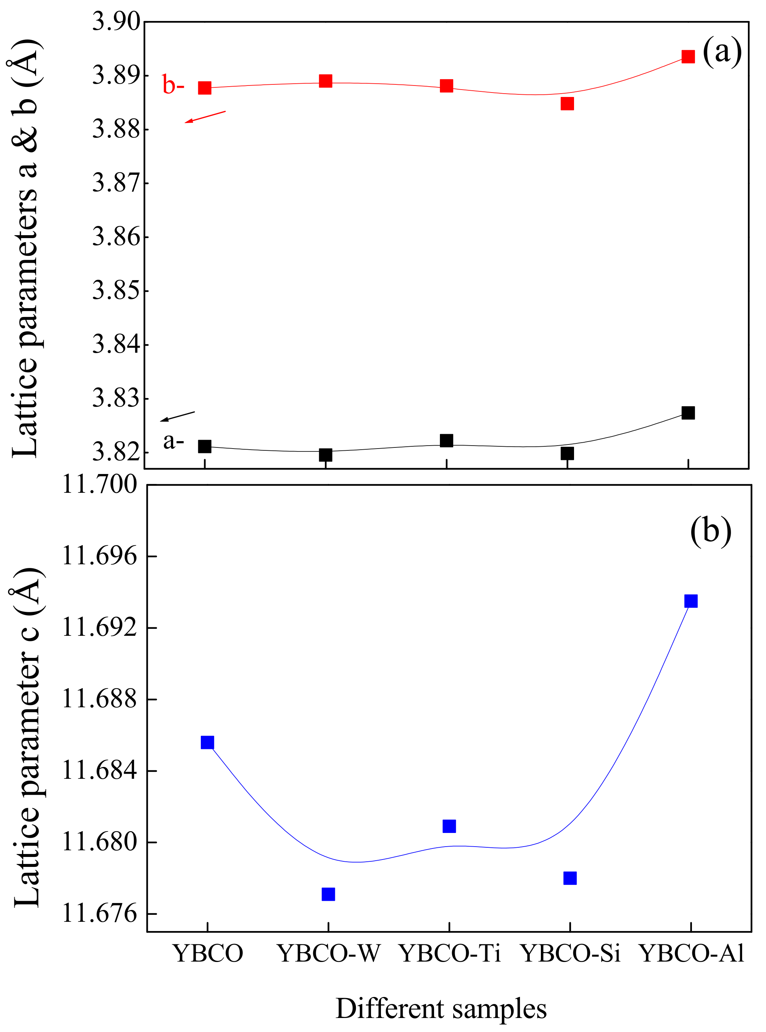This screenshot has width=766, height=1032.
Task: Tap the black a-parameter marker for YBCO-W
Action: (325, 454)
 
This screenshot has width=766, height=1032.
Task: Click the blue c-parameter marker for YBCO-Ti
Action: (449, 826)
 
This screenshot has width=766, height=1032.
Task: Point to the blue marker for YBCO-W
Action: (328, 894)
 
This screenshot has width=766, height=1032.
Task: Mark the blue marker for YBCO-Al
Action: (690, 601)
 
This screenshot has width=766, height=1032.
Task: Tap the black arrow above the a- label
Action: (178, 416)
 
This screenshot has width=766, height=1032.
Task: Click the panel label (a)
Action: (722, 52)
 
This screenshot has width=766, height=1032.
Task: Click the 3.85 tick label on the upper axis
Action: (116, 291)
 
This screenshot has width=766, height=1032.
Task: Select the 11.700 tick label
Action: (100, 485)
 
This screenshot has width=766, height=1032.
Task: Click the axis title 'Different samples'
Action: (441, 1009)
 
